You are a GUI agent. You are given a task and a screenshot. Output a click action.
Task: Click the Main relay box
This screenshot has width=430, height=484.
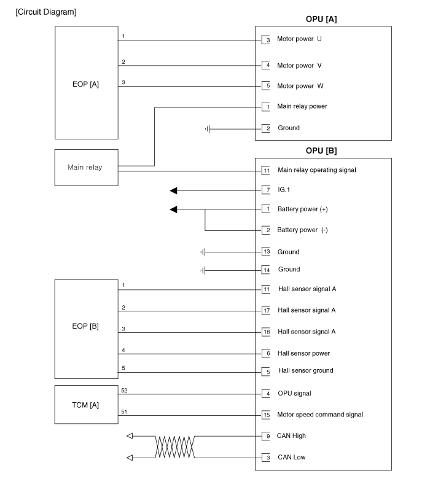[86, 168]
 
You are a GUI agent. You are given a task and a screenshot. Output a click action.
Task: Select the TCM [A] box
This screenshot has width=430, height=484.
[86, 404]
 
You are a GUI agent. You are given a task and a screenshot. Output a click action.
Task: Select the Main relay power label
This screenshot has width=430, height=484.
[302, 106]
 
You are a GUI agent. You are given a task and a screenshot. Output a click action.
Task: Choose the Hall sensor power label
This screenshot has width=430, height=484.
[304, 353]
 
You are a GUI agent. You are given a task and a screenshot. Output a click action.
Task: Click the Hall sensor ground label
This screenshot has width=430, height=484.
[305, 371]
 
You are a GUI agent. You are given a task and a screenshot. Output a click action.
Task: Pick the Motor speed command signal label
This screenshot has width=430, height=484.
[320, 415]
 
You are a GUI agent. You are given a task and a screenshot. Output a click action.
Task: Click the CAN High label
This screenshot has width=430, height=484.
[292, 436]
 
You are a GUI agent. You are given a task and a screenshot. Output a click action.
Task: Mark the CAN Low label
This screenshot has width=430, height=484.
[291, 458]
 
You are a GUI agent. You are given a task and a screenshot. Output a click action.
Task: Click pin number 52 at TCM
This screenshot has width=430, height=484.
[124, 389]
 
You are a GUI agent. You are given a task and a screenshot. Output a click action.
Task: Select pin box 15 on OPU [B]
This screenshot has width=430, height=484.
[266, 415]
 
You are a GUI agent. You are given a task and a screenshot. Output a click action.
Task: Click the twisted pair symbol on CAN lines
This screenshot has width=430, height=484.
[175, 447]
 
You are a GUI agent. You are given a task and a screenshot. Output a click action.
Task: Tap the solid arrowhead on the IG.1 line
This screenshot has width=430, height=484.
[174, 190]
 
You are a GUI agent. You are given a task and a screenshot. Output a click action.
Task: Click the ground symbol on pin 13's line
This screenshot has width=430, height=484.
[203, 252]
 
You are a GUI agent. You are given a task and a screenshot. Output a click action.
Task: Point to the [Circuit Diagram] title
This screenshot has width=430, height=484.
[46, 13]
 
